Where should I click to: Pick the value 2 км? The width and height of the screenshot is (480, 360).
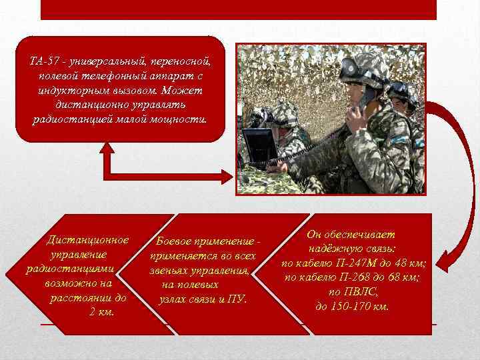click(101, 312)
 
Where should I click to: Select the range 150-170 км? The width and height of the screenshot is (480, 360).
click(361, 307)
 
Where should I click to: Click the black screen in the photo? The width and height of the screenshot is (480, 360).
click(259, 146)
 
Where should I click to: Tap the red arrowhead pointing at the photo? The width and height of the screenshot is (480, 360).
click(225, 175)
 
